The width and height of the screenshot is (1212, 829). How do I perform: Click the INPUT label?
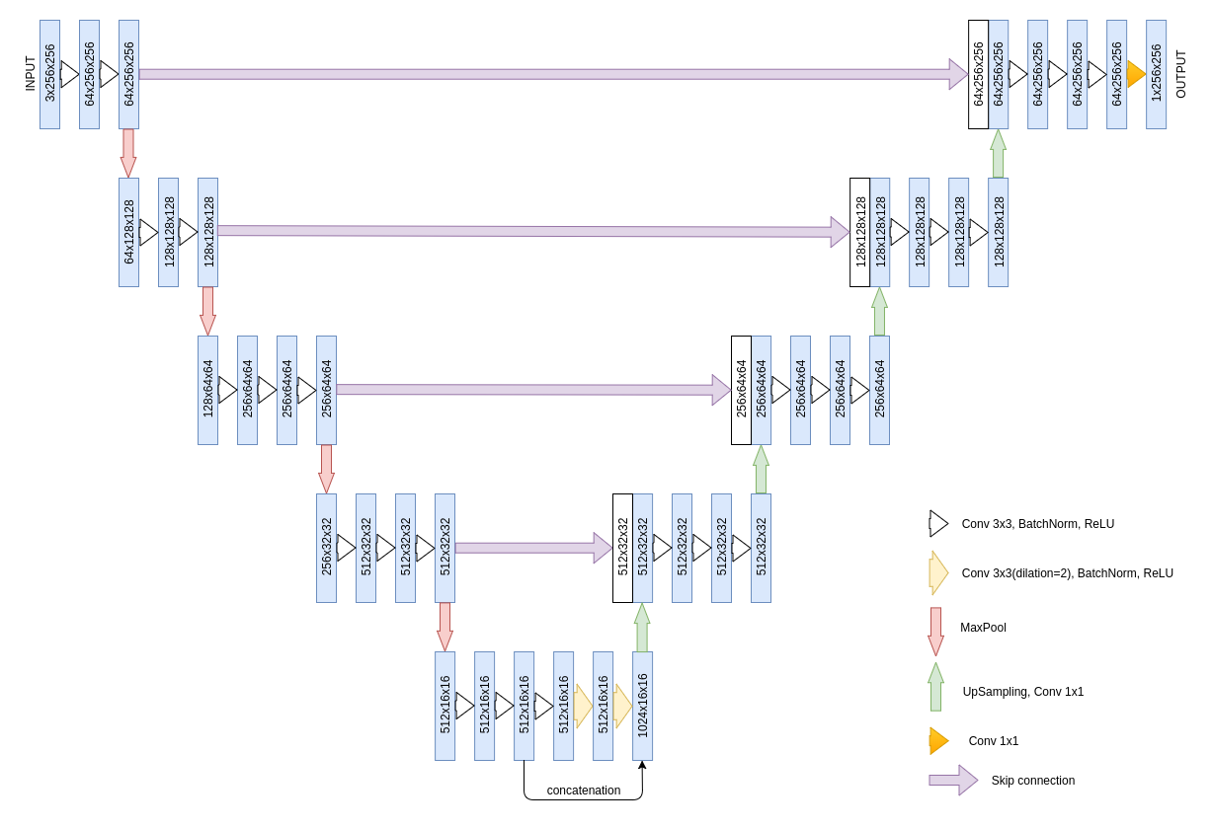(30, 74)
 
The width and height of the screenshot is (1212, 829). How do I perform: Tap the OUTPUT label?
(1180, 74)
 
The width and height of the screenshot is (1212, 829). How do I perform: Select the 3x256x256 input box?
(49, 74)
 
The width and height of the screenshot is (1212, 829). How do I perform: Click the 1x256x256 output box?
(1156, 74)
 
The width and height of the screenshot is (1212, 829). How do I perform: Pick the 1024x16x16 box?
(642, 706)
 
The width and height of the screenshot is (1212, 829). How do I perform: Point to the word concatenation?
(584, 791)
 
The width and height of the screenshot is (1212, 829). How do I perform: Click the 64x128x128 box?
(128, 232)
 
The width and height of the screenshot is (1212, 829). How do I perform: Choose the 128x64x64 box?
(207, 390)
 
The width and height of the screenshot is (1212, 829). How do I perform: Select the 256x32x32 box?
(326, 548)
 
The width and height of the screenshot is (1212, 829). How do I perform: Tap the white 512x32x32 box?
(622, 548)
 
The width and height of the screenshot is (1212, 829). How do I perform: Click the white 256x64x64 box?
(741, 390)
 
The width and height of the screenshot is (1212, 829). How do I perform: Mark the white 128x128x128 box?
(859, 232)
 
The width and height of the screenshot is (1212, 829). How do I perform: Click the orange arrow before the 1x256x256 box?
(1136, 74)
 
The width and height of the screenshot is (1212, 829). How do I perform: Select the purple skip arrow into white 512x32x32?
(533, 548)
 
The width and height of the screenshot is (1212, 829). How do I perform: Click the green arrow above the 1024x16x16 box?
(642, 628)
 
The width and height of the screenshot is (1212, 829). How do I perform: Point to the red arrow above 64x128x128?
(128, 153)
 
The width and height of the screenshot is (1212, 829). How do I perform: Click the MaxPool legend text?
(983, 628)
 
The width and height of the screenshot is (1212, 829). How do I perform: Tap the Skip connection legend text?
(1032, 781)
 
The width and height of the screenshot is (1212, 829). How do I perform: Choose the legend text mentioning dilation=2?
(1067, 573)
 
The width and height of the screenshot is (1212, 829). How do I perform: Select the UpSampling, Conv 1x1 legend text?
(1022, 692)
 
